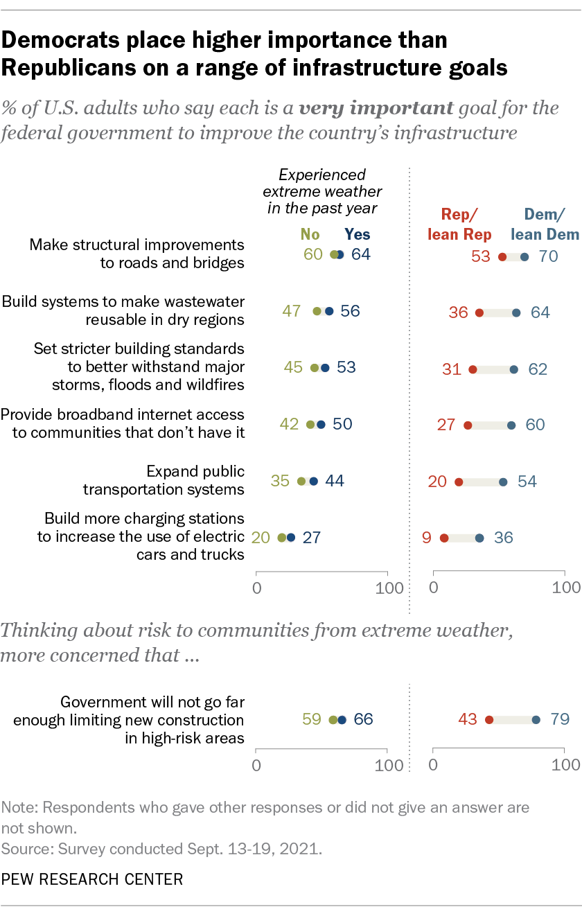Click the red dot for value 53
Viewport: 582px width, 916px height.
[502, 257]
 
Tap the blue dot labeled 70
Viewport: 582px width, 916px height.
[524, 257]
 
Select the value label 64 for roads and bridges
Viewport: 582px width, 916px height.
[360, 254]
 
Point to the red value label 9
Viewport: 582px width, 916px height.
[426, 537]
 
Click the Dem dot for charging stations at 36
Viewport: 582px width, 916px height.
[479, 537]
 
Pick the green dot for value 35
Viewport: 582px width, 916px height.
[301, 481]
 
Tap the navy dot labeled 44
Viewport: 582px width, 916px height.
[313, 481]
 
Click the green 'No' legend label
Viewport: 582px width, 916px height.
[314, 234]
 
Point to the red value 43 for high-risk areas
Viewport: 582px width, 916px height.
[468, 719]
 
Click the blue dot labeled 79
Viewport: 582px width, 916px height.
[536, 719]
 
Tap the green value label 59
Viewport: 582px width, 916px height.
[312, 719]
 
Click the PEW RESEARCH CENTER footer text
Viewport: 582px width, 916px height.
[92, 879]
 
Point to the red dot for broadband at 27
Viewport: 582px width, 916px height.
[468, 425]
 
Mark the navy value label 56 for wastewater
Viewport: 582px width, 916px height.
[350, 311]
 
